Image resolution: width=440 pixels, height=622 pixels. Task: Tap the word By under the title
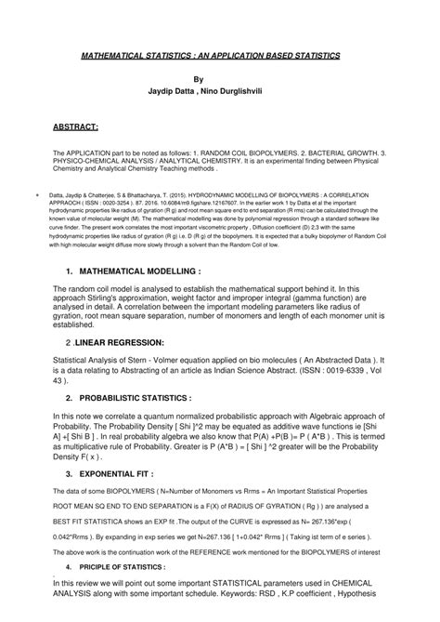[220, 80]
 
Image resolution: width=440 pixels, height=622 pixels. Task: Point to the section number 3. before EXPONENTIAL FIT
[70, 472]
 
